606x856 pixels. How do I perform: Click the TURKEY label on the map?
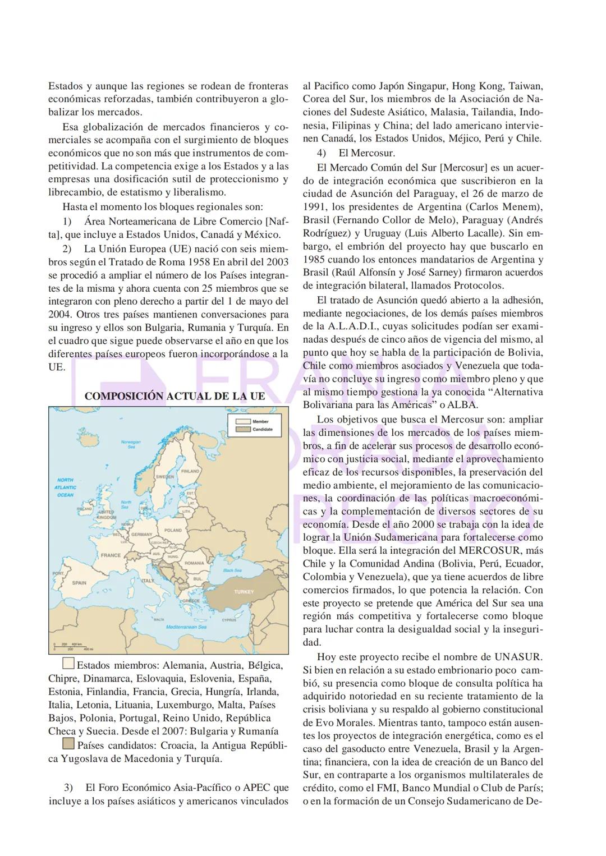pos(244,592)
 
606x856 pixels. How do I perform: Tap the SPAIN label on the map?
pos(79,583)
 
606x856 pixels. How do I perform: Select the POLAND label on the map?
pos(173,530)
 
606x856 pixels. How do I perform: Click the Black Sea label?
pos(232,570)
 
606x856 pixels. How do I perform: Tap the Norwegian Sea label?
pos(130,444)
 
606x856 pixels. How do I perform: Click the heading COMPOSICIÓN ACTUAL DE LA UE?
pos(175,396)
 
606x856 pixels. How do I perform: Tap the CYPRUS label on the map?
pos(229,620)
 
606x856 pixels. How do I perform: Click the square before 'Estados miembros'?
pos(68,665)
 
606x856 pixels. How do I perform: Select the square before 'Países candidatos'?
pos(68,744)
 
